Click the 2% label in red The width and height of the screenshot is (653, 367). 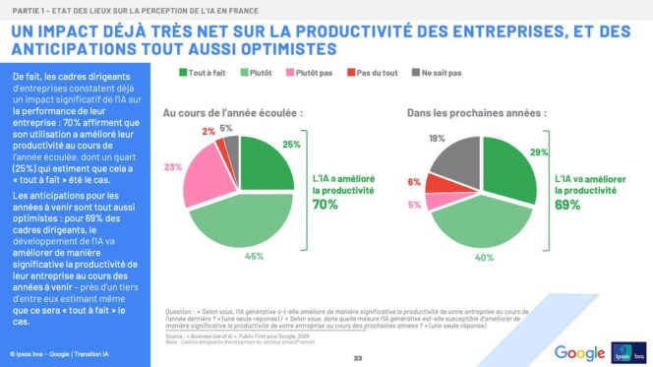click(x=208, y=131)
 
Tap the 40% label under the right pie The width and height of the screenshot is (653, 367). click(x=485, y=258)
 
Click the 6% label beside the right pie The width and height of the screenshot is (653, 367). click(x=414, y=180)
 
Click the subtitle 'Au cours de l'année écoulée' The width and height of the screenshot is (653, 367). click(x=232, y=113)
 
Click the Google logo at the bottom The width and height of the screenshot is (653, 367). click(x=579, y=351)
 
